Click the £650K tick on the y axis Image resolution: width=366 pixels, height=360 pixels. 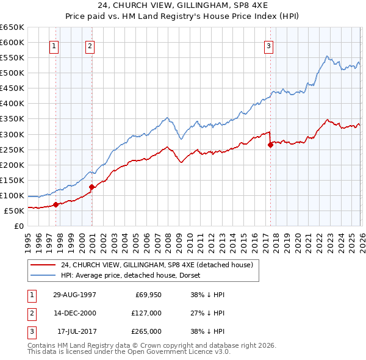click(x=12, y=27)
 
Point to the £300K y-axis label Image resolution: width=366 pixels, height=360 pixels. click(x=12, y=134)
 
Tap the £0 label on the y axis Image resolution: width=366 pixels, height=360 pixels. click(x=18, y=226)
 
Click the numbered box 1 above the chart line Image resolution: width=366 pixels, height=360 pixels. click(x=54, y=45)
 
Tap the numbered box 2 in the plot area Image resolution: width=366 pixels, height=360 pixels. click(x=90, y=45)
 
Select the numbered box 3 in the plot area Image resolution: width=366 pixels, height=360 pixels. click(x=268, y=45)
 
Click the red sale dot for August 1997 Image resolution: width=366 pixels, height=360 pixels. click(x=56, y=204)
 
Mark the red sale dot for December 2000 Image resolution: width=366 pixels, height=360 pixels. click(x=91, y=187)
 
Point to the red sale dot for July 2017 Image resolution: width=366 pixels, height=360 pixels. click(x=270, y=145)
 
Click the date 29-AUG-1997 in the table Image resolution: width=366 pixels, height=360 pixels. click(x=74, y=295)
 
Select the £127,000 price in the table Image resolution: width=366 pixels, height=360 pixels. click(x=146, y=313)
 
